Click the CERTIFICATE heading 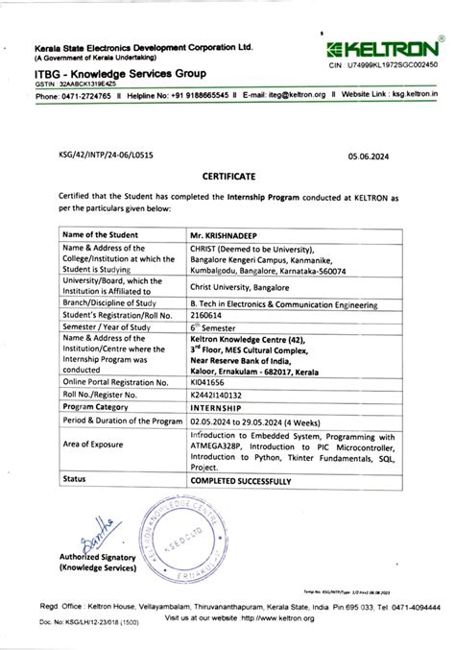(227, 177)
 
